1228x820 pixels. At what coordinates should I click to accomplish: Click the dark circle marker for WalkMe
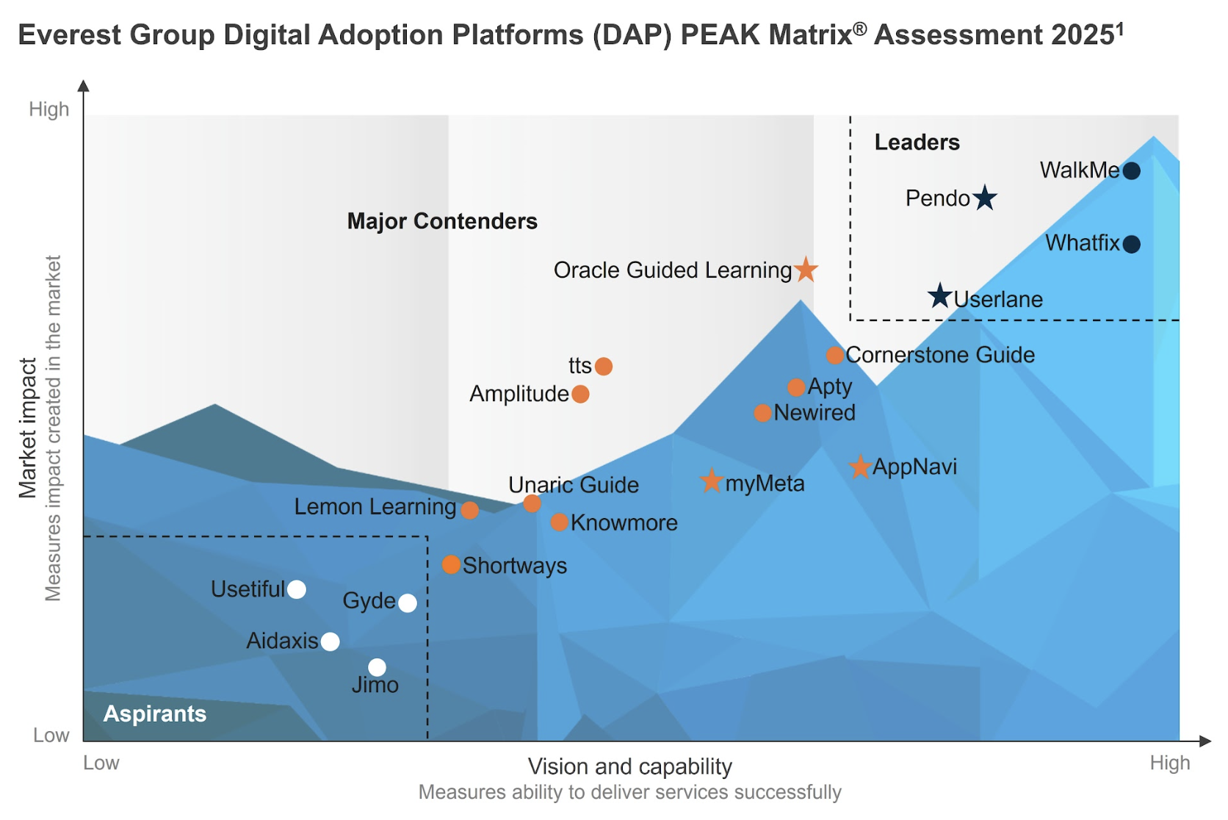[1132, 171]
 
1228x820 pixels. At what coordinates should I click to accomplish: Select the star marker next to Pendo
[985, 198]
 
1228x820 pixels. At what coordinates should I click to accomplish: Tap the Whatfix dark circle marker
[1132, 244]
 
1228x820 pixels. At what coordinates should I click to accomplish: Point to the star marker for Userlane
[939, 296]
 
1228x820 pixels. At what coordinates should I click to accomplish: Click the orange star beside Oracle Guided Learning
[806, 270]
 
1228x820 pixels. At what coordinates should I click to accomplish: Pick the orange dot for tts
[604, 366]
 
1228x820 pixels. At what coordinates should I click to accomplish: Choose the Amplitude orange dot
[580, 395]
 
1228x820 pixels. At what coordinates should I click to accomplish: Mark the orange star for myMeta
[711, 481]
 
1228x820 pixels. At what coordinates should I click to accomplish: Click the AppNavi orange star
[860, 467]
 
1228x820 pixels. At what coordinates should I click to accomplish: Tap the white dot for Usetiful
[297, 589]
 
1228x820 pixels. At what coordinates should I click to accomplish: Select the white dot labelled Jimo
[377, 667]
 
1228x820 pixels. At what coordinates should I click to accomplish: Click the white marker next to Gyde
[408, 603]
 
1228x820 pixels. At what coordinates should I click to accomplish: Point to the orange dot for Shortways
[452, 564]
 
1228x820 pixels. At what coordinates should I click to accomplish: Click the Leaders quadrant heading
[917, 143]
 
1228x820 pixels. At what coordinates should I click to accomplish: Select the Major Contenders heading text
[442, 221]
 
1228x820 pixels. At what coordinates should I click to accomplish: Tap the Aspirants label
[155, 713]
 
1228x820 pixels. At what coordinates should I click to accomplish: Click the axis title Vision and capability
[629, 766]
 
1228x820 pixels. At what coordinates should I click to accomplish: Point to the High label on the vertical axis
[49, 109]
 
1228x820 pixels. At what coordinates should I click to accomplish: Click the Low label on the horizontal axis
[101, 763]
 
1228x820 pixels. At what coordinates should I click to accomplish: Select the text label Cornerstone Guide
[940, 355]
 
